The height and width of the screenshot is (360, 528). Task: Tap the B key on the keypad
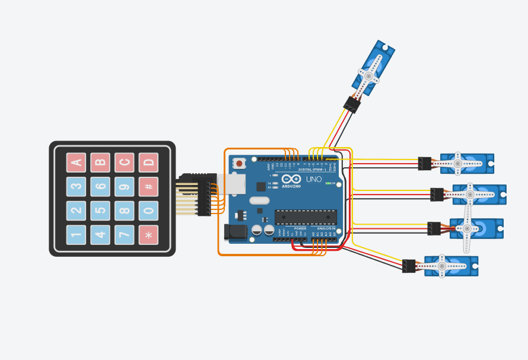pos(100,162)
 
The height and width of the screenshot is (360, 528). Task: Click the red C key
pos(125,162)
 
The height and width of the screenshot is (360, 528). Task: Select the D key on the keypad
pos(148,162)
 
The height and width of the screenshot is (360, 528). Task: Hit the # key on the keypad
pos(148,186)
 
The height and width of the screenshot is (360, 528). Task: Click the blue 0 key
pos(148,211)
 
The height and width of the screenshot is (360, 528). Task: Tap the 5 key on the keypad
pos(100,211)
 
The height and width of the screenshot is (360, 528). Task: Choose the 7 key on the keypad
pos(125,235)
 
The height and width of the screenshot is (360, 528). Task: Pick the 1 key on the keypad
pos(76,235)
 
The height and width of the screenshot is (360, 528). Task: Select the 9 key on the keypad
pos(125,186)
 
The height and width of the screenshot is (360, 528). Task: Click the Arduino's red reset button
pos(239,163)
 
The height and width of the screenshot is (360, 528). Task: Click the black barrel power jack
pos(236,232)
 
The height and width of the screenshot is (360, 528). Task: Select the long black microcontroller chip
pos(306,217)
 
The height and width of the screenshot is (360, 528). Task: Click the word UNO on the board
pos(314,179)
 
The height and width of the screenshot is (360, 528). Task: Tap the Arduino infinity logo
pos(291,179)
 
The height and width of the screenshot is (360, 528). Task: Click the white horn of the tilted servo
pos(368,76)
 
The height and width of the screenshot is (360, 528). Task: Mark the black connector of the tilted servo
pos(352,104)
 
